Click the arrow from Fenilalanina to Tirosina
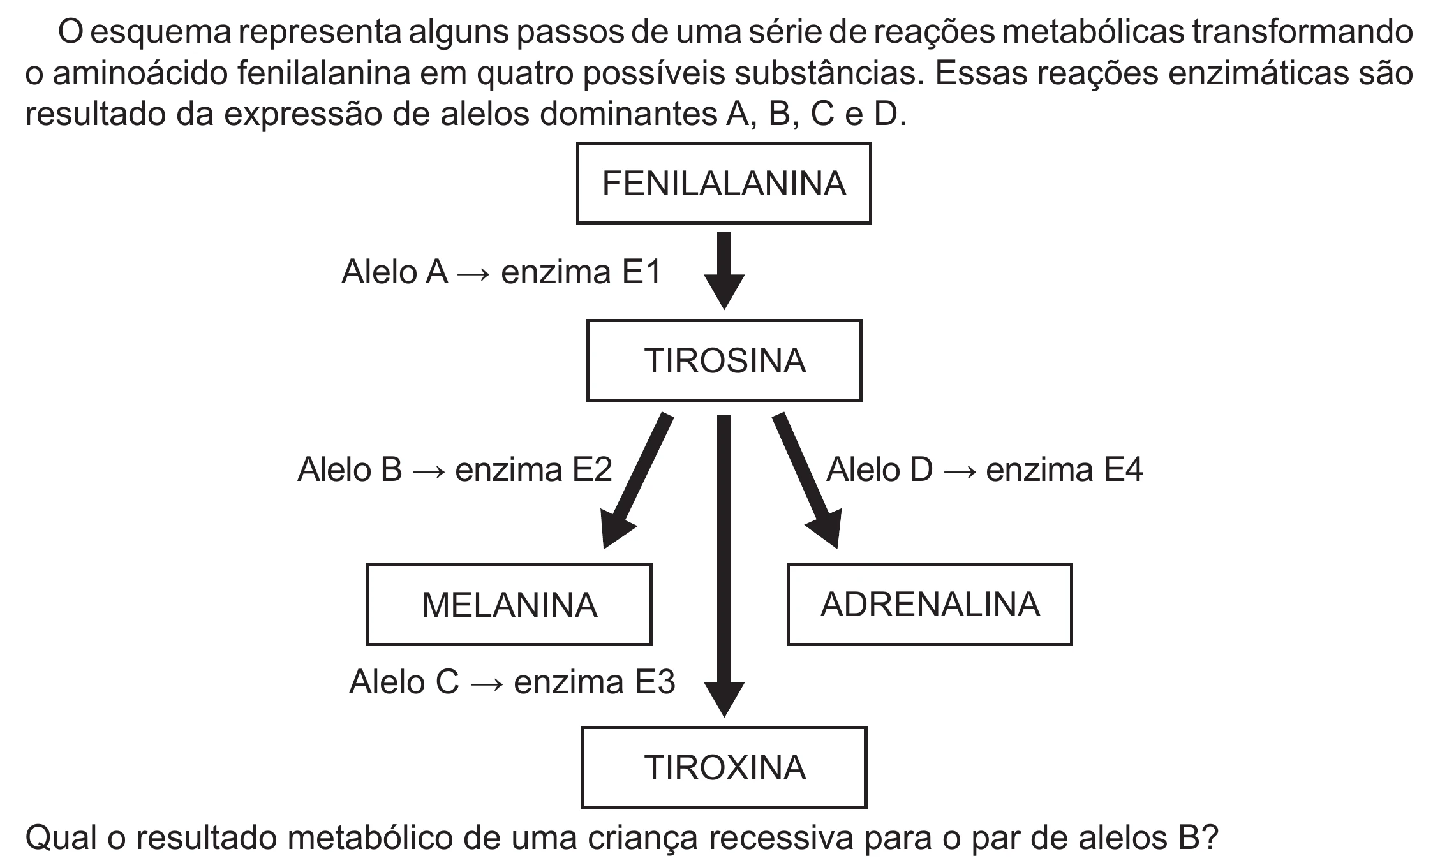tap(724, 270)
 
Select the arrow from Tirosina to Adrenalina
tap(806, 480)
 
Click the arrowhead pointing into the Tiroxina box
tap(724, 700)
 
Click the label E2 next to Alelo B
tap(592, 469)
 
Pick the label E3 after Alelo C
tap(655, 682)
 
